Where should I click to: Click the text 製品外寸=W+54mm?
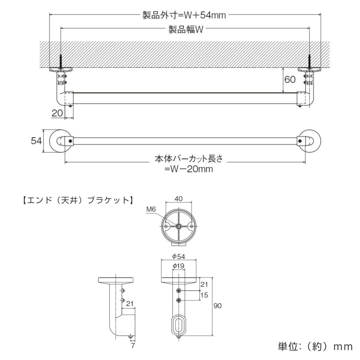pos(184,15)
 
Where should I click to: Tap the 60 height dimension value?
pos(290,79)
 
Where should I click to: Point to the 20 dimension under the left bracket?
pos(57,113)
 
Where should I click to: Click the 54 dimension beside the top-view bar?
pos(37,141)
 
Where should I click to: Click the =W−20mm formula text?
pos(189,169)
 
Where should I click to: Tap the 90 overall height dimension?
pos(218,306)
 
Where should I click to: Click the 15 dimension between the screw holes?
pos(204,295)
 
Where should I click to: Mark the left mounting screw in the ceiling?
pos(61,61)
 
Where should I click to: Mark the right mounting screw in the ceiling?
pos(310,61)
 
